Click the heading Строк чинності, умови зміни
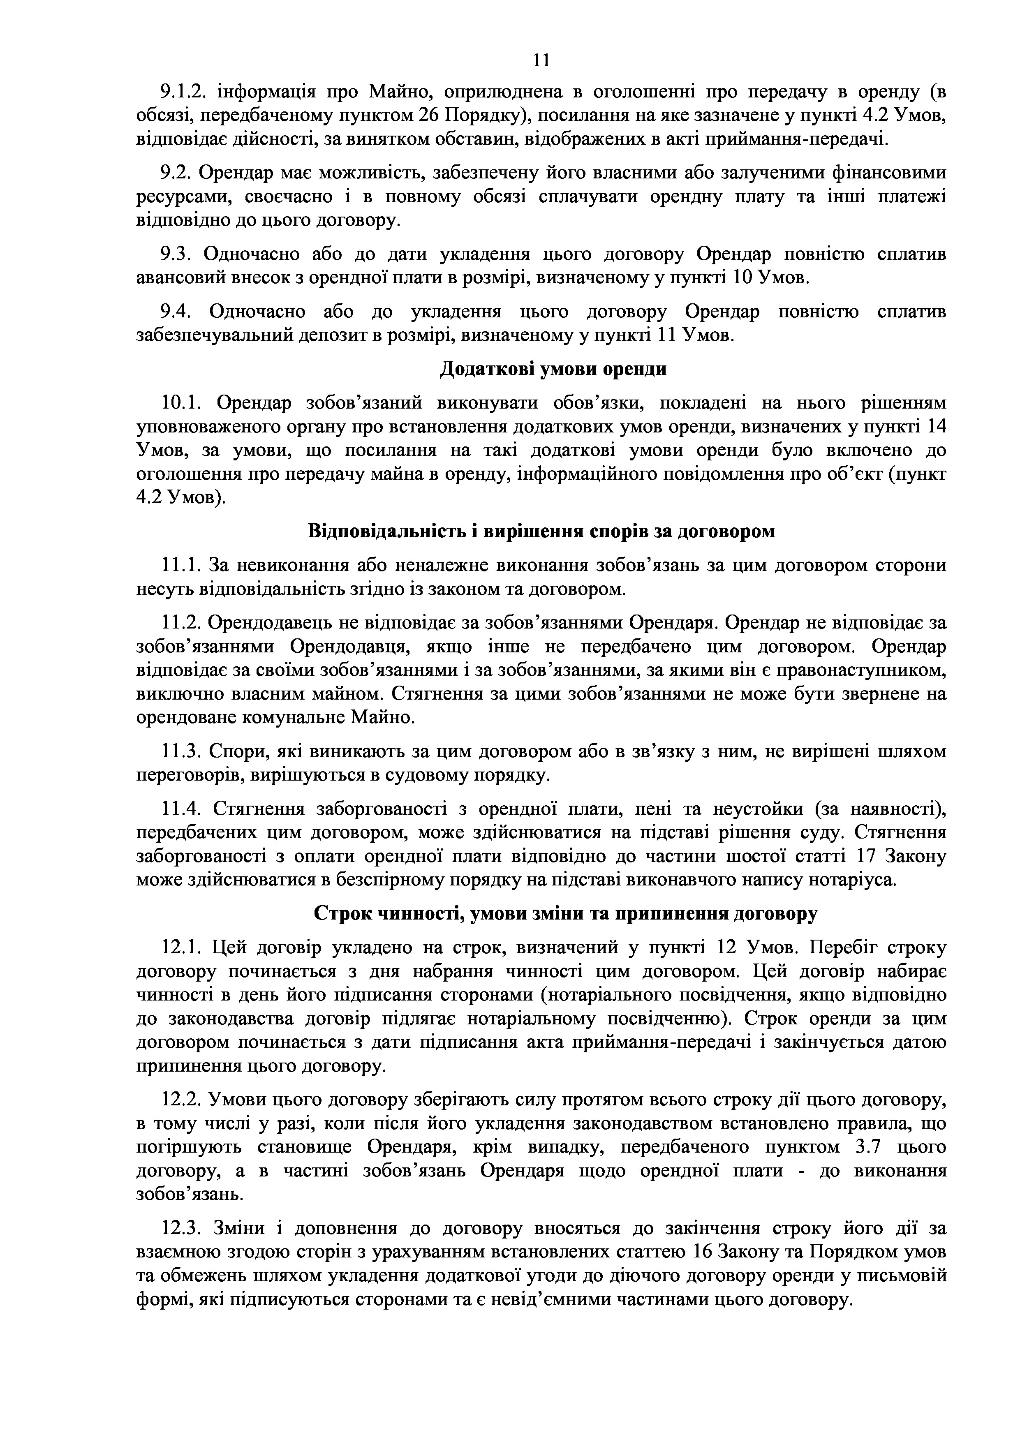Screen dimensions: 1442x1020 pos(565,914)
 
